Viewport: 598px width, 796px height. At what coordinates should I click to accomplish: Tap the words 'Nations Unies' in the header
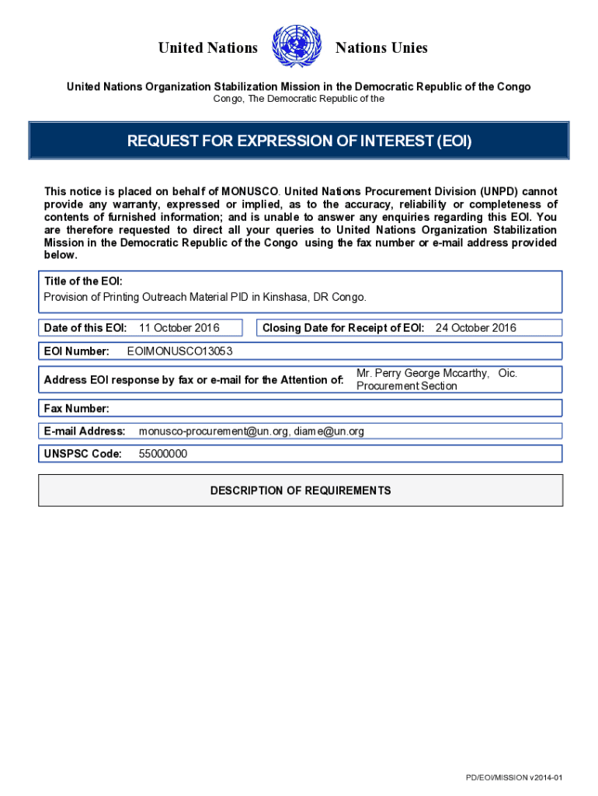381,48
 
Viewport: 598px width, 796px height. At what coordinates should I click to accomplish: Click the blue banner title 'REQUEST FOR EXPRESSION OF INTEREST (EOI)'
299,141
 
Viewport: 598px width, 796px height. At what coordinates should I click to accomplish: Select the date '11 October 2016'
179,328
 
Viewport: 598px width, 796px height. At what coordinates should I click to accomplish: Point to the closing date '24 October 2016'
475,328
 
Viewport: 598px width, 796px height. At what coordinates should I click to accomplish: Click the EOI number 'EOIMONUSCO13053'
179,351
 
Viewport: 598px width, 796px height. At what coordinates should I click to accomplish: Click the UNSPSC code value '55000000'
162,454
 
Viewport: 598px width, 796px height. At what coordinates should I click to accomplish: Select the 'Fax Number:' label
77,408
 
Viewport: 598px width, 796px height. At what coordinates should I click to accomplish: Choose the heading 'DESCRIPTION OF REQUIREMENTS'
301,491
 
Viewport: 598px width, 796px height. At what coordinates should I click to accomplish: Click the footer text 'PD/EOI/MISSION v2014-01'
514,778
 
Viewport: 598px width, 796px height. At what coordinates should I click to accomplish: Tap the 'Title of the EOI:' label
83,281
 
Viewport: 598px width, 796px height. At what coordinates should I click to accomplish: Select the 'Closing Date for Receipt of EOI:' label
343,328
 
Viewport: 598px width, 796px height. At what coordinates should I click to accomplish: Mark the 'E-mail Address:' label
85,431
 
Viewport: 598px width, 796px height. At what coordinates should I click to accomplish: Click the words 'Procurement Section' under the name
406,386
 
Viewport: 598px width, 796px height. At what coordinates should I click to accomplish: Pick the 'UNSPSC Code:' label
83,454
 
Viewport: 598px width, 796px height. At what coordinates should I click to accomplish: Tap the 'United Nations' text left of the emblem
207,48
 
